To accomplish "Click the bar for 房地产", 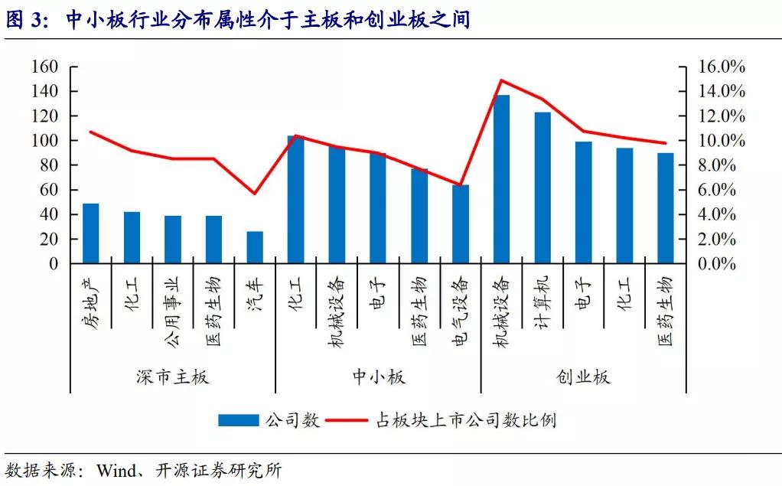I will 91,233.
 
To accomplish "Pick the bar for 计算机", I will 543,188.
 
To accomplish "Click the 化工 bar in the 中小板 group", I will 295,200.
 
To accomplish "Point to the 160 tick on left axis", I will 45,67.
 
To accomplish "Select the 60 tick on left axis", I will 49,190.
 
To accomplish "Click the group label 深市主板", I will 172,377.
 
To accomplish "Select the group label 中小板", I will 378,377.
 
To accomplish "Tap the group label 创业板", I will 583,377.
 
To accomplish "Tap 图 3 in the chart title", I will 26,21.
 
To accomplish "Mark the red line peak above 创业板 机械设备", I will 501,80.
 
